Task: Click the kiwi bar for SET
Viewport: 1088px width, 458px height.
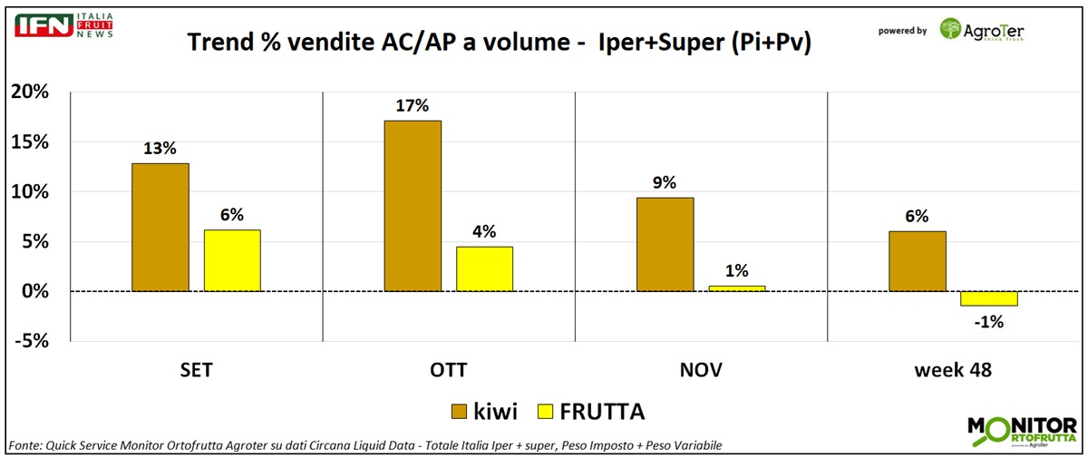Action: (160, 228)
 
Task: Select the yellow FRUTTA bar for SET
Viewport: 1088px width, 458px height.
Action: (232, 260)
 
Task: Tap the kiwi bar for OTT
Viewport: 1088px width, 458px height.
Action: (413, 206)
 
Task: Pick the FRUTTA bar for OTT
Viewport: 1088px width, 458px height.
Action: (484, 268)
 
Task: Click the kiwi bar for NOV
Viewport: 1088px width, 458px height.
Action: (665, 244)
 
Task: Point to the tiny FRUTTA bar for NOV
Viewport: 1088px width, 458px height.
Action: (736, 288)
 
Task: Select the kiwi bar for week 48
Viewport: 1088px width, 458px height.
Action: (917, 261)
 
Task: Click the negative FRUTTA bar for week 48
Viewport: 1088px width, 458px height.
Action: (988, 298)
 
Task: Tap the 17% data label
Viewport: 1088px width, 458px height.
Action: (413, 105)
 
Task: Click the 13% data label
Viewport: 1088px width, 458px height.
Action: (160, 149)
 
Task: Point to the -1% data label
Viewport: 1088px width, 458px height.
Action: (989, 320)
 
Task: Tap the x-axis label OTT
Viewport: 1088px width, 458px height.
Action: (449, 370)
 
